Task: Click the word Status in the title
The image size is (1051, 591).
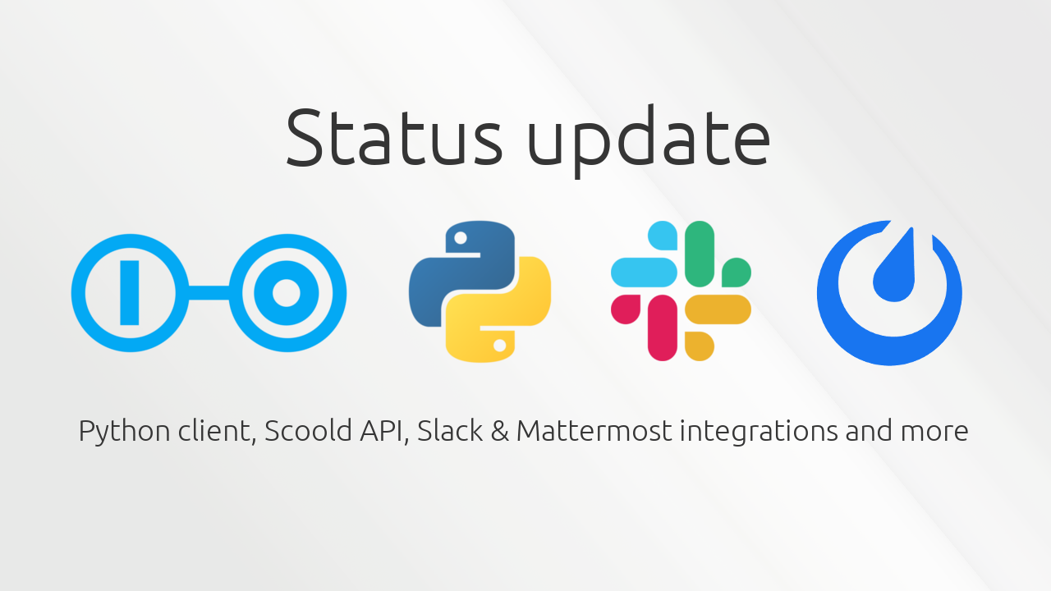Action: pyautogui.click(x=394, y=136)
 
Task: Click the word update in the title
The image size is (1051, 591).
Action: pyautogui.click(x=649, y=140)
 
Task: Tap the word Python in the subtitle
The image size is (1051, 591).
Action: pyautogui.click(x=124, y=432)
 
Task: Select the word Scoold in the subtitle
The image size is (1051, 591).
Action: pyautogui.click(x=308, y=430)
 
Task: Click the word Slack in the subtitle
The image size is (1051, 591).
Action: pyautogui.click(x=449, y=430)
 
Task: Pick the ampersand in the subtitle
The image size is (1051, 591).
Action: pyautogui.click(x=500, y=431)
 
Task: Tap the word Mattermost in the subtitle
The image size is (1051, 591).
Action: pyautogui.click(x=594, y=431)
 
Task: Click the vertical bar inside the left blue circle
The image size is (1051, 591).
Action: pyautogui.click(x=130, y=293)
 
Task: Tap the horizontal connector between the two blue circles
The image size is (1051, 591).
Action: pyautogui.click(x=209, y=293)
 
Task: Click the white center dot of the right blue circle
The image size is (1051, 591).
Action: pyautogui.click(x=287, y=293)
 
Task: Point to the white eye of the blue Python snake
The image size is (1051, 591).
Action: pyautogui.click(x=461, y=238)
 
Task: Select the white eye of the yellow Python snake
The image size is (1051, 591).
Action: pyautogui.click(x=500, y=346)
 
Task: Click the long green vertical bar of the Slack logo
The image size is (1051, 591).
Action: pyautogui.click(x=700, y=254)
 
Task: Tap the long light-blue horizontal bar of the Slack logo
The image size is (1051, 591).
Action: pyautogui.click(x=645, y=272)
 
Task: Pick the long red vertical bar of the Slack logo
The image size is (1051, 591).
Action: pyautogui.click(x=663, y=328)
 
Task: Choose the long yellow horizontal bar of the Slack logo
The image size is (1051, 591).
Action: pyautogui.click(x=718, y=309)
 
